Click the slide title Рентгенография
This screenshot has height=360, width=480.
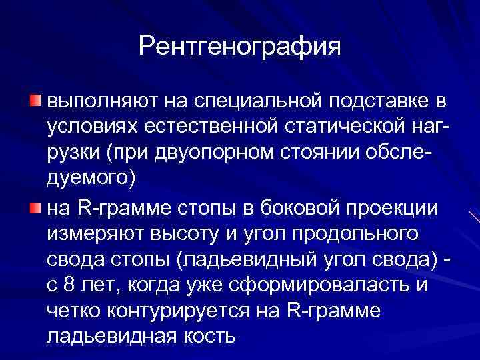point(239,46)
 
